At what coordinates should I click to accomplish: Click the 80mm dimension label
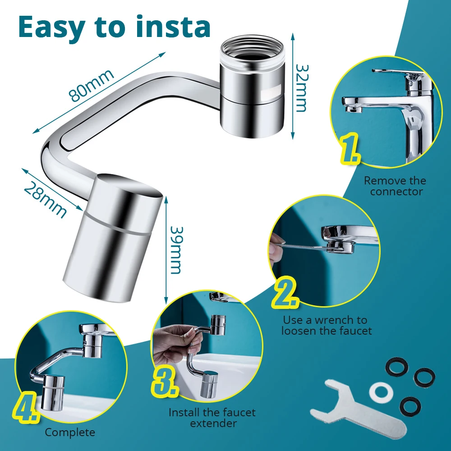91,85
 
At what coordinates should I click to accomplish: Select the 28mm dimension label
45,200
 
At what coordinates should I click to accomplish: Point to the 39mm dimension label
176,250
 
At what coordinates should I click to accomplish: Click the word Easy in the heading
51,28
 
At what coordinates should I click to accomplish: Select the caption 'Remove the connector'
395,186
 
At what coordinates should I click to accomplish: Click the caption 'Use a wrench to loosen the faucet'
326,325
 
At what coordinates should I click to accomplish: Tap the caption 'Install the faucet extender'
212,418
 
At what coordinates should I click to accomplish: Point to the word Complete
70,432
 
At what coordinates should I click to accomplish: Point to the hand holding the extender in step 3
175,341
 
